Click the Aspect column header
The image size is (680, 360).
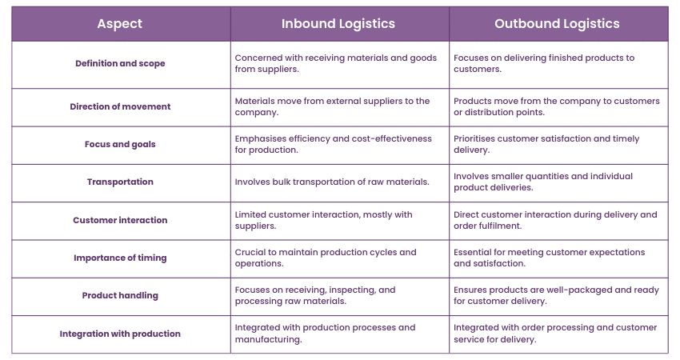tap(120, 24)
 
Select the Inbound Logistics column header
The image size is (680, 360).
tap(338, 24)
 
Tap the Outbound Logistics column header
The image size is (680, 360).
tap(557, 24)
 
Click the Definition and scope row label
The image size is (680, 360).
tap(120, 63)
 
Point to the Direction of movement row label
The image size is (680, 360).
tap(120, 106)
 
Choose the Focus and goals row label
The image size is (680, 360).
tap(120, 144)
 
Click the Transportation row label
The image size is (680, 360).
tap(120, 182)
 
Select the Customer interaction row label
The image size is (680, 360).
tap(120, 220)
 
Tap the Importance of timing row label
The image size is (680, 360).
tap(120, 258)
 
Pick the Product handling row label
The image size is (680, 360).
tap(120, 295)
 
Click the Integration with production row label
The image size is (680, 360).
tap(120, 334)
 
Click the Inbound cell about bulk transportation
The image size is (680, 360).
tap(332, 182)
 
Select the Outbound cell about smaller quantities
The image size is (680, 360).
tap(543, 182)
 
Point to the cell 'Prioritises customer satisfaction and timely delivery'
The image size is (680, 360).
tap(546, 144)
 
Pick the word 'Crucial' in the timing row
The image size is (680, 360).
tap(250, 252)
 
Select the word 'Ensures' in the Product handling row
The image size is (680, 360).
tap(470, 290)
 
